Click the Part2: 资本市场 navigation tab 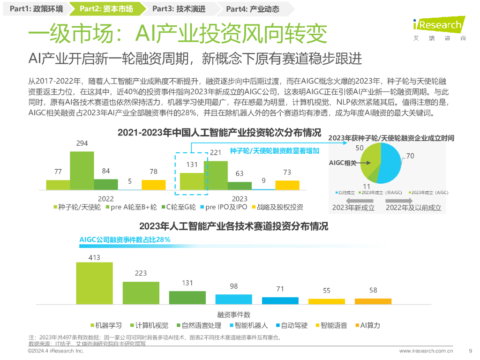tap(106, 8)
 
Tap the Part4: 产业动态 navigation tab tap(253, 8)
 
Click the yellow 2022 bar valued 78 tap(154, 185)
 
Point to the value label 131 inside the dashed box tap(191, 165)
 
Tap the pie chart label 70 tap(410, 156)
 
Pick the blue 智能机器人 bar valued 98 tap(233, 299)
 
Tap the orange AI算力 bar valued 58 tap(373, 301)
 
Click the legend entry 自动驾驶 tap(293, 325)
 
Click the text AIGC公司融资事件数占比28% tap(125, 240)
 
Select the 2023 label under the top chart tap(240, 199)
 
